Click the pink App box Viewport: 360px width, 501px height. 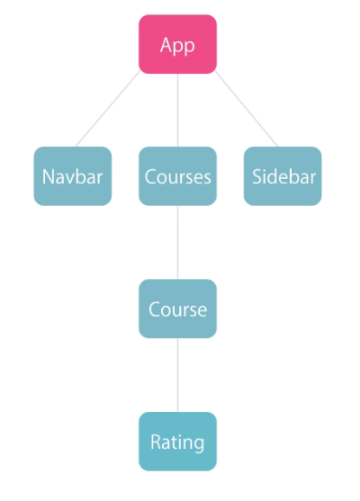tap(177, 44)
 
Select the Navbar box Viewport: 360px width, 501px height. tap(73, 176)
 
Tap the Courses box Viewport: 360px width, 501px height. tap(177, 176)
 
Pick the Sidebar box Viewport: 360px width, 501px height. tap(283, 176)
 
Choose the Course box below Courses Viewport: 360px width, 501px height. tap(177, 309)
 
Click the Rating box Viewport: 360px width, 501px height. tap(177, 442)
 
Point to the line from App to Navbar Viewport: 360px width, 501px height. tap(108, 109)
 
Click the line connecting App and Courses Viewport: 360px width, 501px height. tap(178, 111)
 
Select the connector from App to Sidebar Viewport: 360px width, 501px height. tap(247, 109)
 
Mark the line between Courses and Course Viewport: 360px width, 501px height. tap(178, 243)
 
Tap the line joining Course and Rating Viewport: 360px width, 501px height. tap(178, 375)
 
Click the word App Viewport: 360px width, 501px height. tap(177, 47)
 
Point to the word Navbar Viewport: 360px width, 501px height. tap(72, 176)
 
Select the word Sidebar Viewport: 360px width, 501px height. tap(283, 176)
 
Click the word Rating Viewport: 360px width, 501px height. tap(177, 443)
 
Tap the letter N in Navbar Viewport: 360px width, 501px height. tap(48, 177)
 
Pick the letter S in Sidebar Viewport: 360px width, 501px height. tap(256, 176)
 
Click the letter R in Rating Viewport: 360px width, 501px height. tap(156, 443)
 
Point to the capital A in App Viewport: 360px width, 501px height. tap(166, 45)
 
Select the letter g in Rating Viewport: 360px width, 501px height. tap(198, 445)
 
